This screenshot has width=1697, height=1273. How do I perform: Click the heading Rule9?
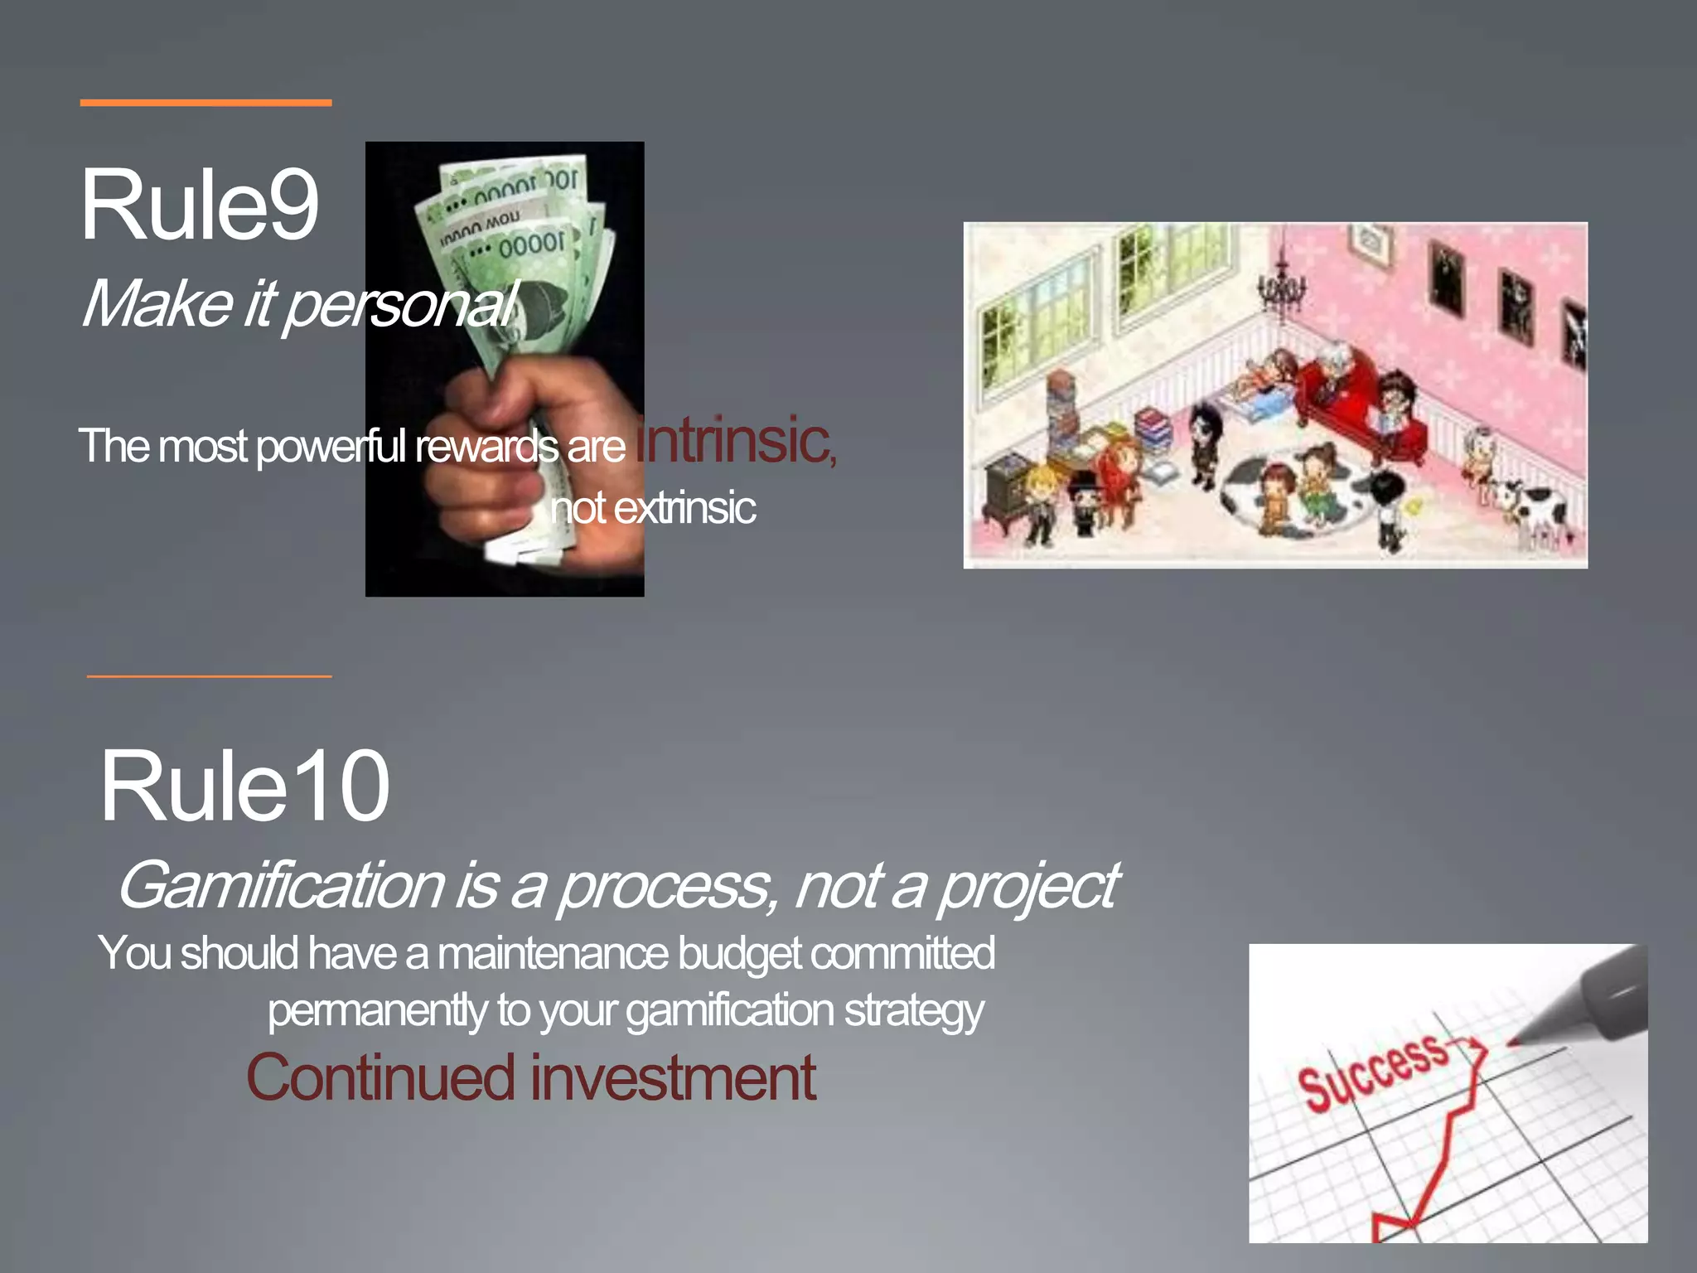(199, 205)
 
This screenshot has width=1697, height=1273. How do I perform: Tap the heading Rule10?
(244, 786)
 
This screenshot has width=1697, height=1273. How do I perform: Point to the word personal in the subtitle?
(402, 305)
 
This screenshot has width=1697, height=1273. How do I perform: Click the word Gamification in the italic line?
(282, 886)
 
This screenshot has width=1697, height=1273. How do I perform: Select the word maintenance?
(552, 953)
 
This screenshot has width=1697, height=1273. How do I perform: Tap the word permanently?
(378, 1011)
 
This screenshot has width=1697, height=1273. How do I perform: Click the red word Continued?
(381, 1077)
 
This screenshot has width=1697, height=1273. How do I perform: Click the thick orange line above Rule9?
(205, 103)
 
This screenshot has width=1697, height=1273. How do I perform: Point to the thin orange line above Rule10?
(209, 676)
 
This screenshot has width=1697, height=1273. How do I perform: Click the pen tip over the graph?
(1516, 1039)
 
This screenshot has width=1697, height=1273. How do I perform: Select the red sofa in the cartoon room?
(1359, 406)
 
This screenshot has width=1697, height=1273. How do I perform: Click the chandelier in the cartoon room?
(1281, 286)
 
